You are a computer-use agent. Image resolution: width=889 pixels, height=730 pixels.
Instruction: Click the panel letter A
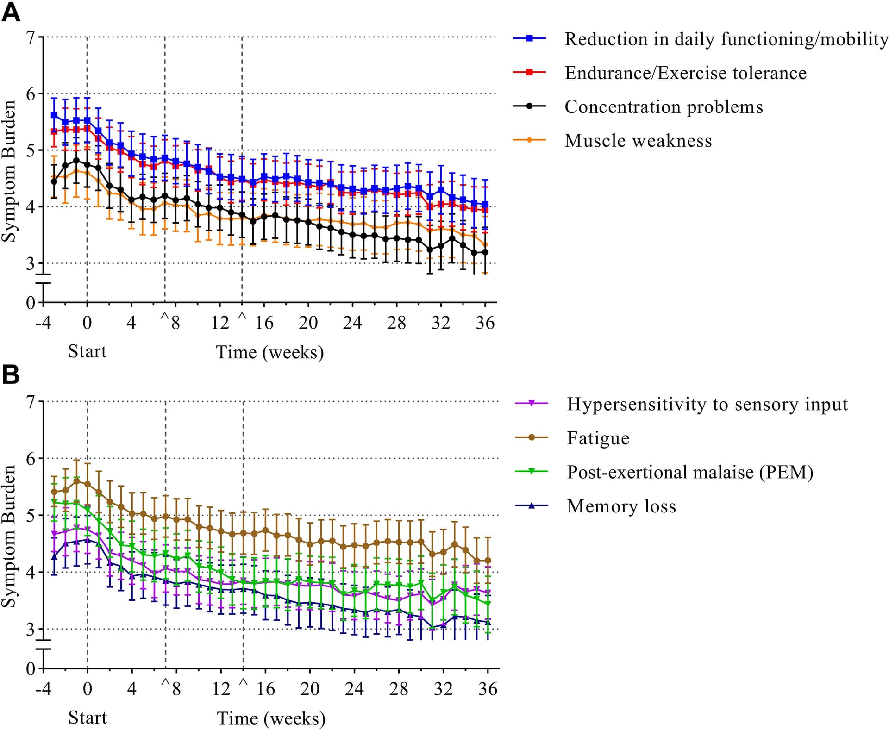pyautogui.click(x=11, y=12)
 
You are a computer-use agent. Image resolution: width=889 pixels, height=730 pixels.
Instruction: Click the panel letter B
pyautogui.click(x=11, y=375)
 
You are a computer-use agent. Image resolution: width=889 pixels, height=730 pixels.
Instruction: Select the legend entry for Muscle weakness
pyautogui.click(x=638, y=141)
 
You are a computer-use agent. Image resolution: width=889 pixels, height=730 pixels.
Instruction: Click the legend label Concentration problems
pyautogui.click(x=663, y=107)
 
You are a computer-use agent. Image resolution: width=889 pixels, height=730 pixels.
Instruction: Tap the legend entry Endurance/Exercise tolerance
pyautogui.click(x=685, y=73)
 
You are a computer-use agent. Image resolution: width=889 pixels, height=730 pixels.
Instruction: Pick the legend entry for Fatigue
pyautogui.click(x=598, y=438)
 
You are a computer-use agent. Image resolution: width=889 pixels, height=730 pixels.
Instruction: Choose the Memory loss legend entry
pyautogui.click(x=621, y=506)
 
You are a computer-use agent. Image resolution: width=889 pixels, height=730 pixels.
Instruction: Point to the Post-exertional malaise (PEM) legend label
pyautogui.click(x=690, y=472)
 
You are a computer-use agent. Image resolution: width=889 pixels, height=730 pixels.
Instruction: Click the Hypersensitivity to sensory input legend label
pyautogui.click(x=707, y=405)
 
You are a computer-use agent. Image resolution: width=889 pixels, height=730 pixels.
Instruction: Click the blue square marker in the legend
pyautogui.click(x=530, y=38)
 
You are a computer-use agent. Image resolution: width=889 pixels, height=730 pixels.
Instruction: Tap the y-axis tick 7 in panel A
pyautogui.click(x=31, y=37)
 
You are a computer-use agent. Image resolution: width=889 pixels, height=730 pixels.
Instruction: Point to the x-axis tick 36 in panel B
pyautogui.click(x=488, y=689)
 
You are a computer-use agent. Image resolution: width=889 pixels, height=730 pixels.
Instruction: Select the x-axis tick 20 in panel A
pyautogui.click(x=308, y=323)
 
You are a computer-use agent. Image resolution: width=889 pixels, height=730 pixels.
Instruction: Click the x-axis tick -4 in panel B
pyautogui.click(x=43, y=689)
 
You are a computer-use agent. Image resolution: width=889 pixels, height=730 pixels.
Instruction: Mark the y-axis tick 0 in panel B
pyautogui.click(x=31, y=668)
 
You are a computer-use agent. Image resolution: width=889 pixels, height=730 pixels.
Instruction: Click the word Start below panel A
pyautogui.click(x=87, y=351)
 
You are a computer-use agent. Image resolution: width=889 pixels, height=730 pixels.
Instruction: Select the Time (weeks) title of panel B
pyautogui.click(x=271, y=718)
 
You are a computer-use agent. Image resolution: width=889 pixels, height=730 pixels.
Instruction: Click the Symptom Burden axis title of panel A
pyautogui.click(x=9, y=171)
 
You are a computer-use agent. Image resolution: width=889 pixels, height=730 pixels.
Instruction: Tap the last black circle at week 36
pyautogui.click(x=485, y=252)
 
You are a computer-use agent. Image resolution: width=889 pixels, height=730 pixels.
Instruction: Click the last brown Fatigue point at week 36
pyautogui.click(x=488, y=561)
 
